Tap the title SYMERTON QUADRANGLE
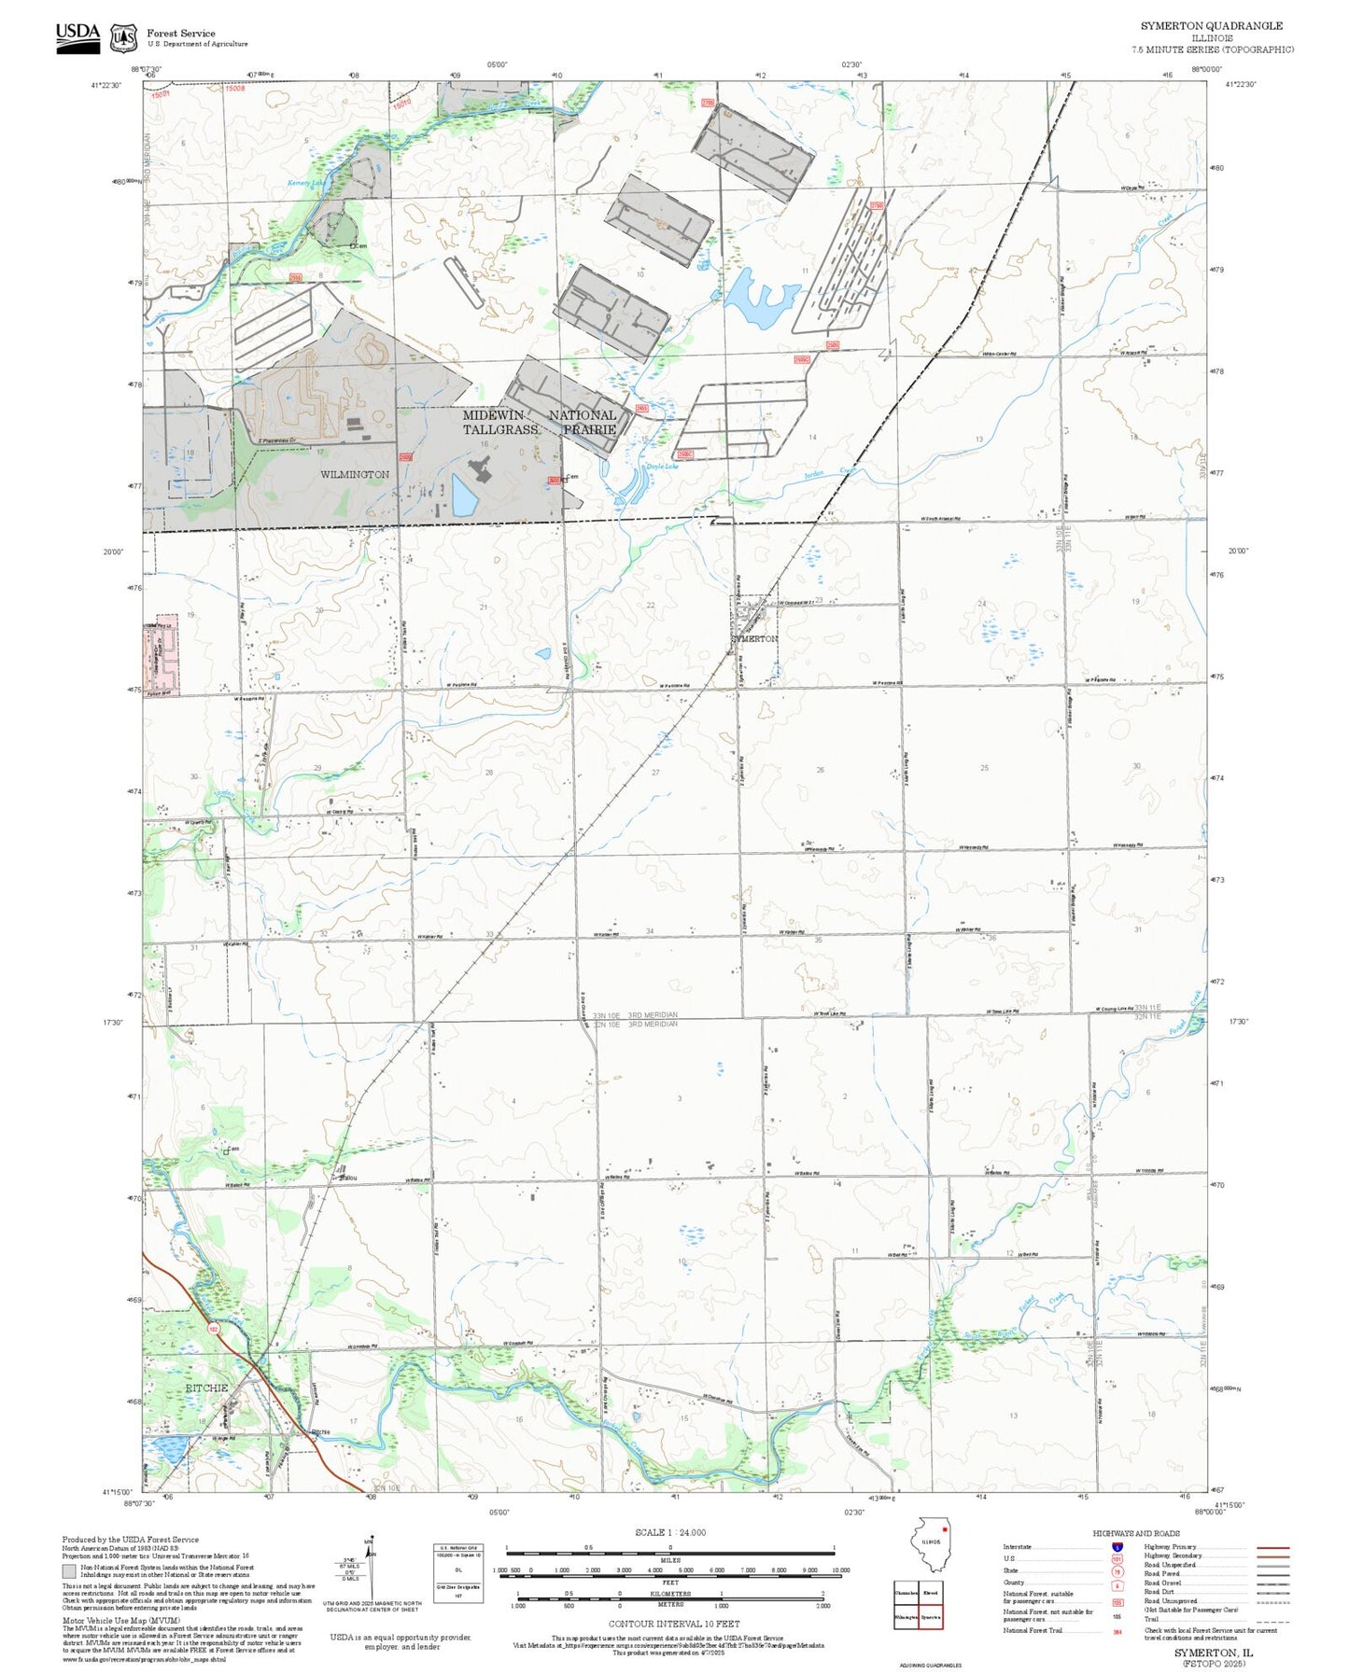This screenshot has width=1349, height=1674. [1211, 26]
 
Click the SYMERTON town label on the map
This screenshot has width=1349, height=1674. [753, 638]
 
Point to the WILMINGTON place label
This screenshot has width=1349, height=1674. [355, 474]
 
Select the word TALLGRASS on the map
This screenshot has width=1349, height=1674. [500, 429]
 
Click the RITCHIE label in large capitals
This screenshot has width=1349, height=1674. [206, 1388]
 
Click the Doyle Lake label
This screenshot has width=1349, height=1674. [662, 467]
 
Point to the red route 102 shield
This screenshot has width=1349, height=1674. [214, 1329]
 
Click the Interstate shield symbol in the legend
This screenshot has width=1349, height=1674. [1117, 1546]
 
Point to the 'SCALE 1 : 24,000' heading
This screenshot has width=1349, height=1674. [669, 1532]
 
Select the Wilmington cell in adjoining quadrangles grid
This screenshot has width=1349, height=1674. [906, 1616]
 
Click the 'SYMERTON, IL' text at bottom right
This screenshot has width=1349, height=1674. [1213, 1652]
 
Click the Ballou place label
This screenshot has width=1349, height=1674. [347, 1177]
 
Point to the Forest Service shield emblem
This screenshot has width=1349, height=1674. [123, 38]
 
